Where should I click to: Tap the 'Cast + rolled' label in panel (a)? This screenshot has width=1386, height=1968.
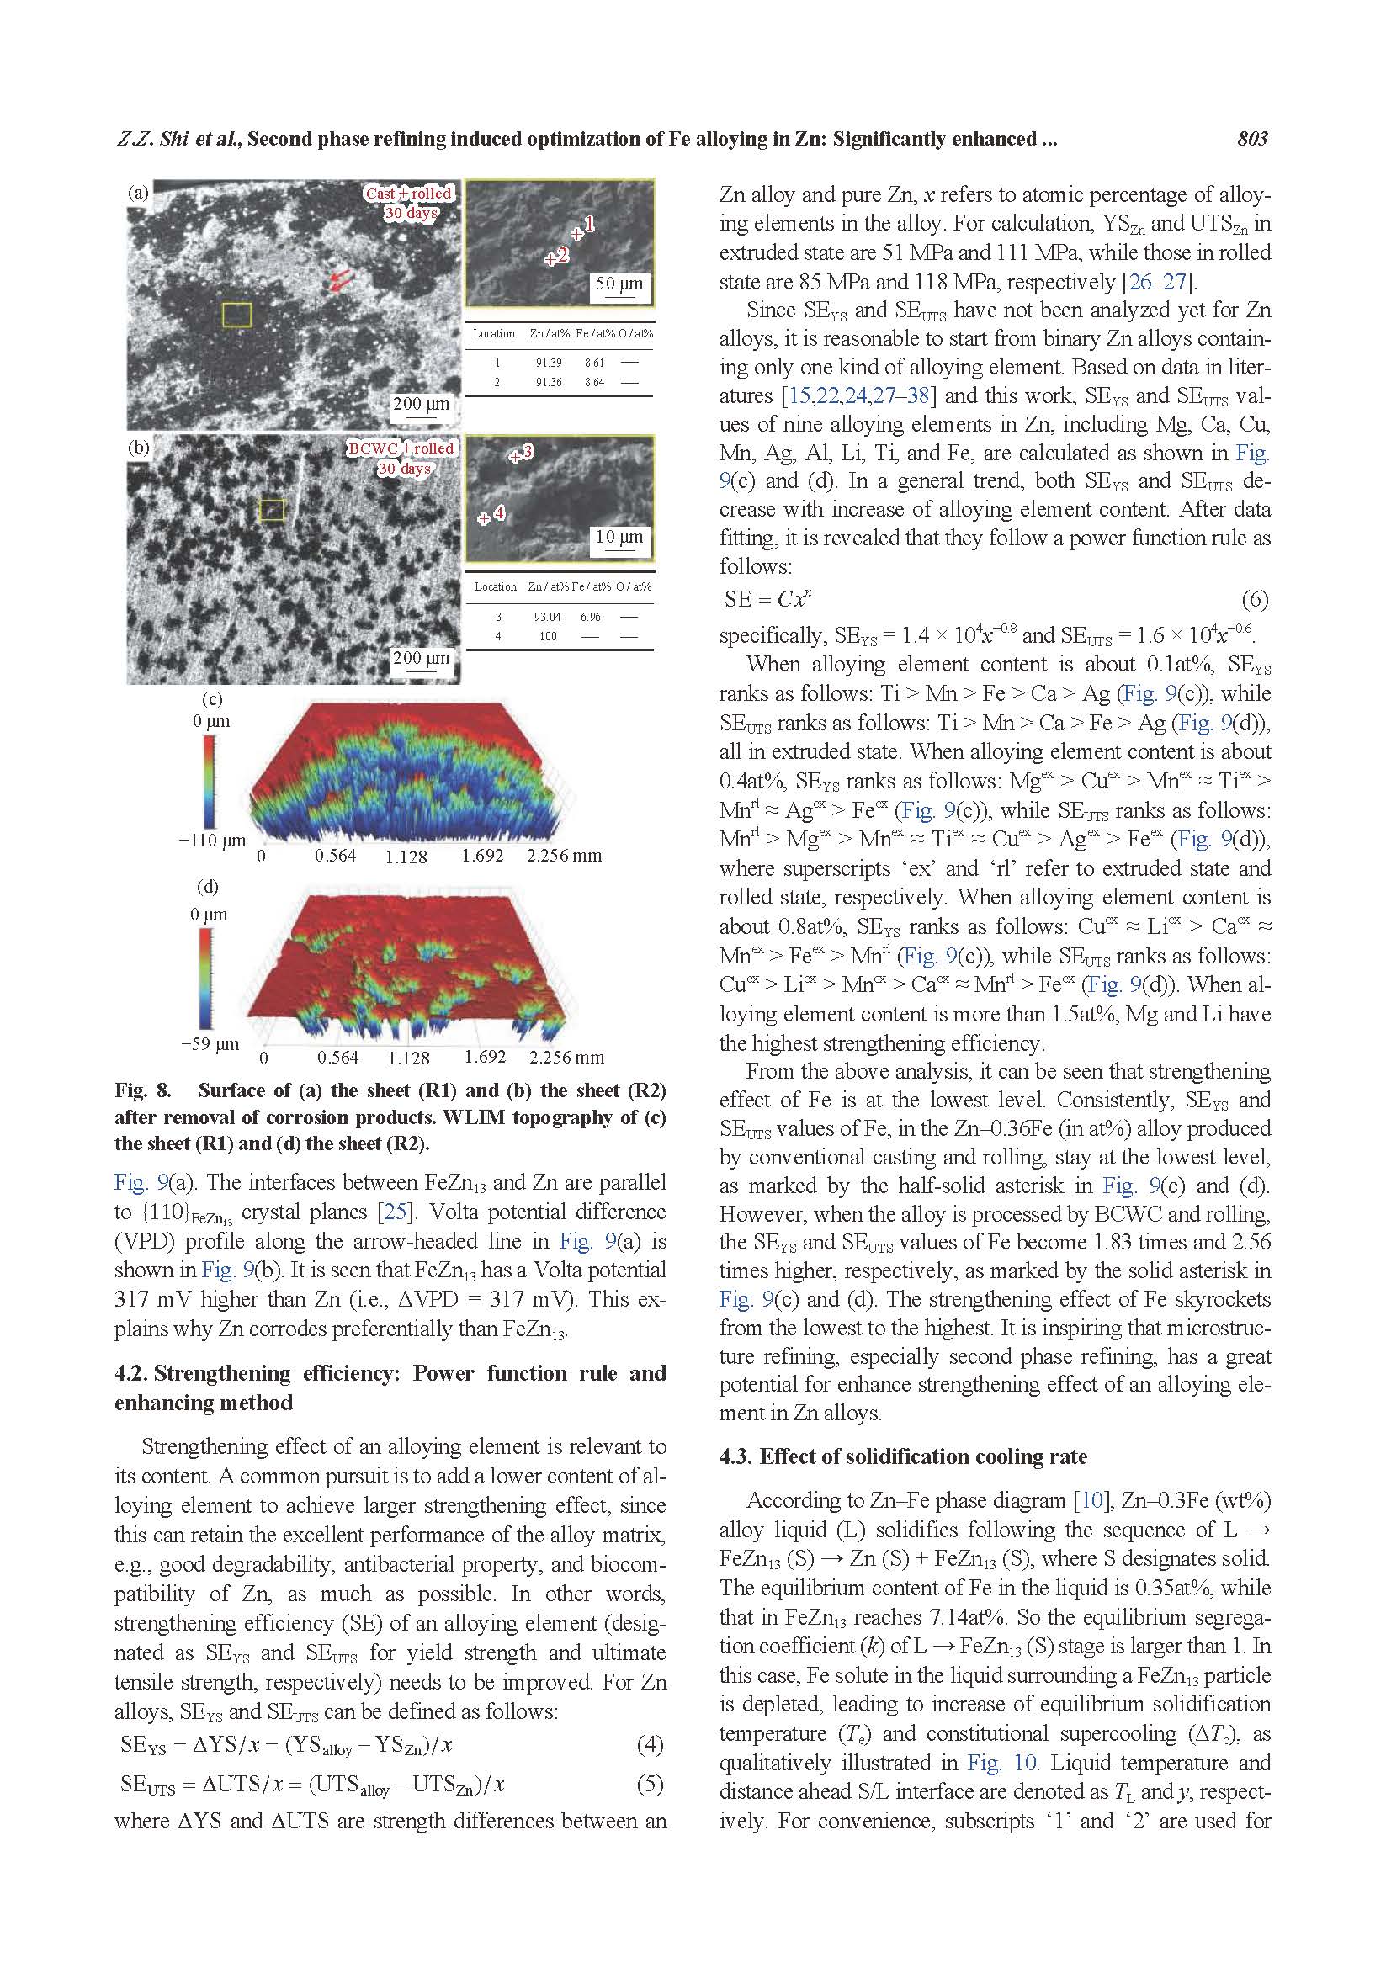(x=408, y=194)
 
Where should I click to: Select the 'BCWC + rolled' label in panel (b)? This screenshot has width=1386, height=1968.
(x=401, y=448)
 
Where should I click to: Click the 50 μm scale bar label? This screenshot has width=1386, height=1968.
(x=619, y=284)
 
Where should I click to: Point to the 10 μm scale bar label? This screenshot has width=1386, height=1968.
(x=619, y=538)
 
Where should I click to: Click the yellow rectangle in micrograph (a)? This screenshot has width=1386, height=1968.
(x=237, y=315)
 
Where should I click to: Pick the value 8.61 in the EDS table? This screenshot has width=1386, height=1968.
(x=594, y=363)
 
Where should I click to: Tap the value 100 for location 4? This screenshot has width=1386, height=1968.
(x=548, y=636)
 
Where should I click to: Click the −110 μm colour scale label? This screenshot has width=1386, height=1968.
(x=212, y=840)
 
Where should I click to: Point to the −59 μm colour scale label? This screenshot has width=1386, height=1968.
(x=210, y=1044)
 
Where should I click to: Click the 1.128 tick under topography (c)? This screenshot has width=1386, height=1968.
(x=406, y=857)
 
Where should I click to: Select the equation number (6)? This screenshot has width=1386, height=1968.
(x=1254, y=599)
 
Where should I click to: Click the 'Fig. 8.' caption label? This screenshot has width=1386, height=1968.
(x=143, y=1090)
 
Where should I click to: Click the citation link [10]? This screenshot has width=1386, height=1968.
(x=1088, y=1500)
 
